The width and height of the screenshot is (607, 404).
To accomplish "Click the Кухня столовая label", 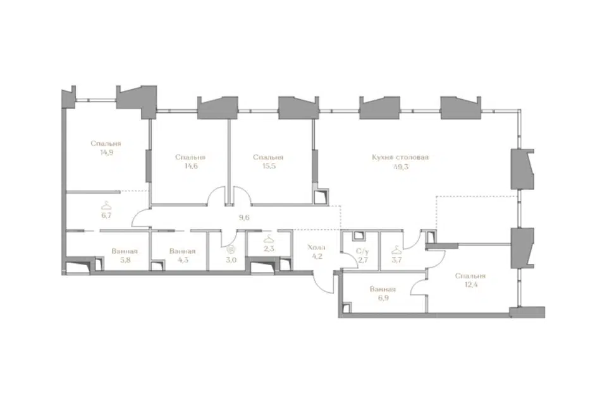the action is tap(400, 158).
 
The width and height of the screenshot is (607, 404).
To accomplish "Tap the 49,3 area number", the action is tap(401, 167).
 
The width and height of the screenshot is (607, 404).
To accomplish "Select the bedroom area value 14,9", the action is tap(106, 152).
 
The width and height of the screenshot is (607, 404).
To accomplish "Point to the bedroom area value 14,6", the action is tap(191, 166).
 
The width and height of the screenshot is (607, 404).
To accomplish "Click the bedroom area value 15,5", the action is tap(269, 166).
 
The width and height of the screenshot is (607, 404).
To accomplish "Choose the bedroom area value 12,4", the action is tap(470, 285).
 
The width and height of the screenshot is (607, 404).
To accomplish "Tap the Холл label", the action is tap(316, 247).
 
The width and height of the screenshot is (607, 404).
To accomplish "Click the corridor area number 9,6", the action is tap(244, 217).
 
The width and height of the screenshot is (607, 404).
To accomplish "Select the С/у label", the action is tap(362, 251).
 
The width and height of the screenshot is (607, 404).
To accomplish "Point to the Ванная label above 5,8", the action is tap(125, 251).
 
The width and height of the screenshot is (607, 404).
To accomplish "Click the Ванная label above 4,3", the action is tap(182, 251).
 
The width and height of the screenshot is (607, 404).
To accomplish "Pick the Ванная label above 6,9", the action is tap(383, 289).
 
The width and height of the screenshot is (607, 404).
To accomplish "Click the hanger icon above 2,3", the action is tap(269, 239).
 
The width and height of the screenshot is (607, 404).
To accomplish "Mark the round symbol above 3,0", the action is tap(231, 250).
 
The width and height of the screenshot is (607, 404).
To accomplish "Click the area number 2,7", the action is tap(362, 260).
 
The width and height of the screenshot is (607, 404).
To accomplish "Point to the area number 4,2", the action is tap(317, 256).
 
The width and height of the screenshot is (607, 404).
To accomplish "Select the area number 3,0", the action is tap(231, 260).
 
